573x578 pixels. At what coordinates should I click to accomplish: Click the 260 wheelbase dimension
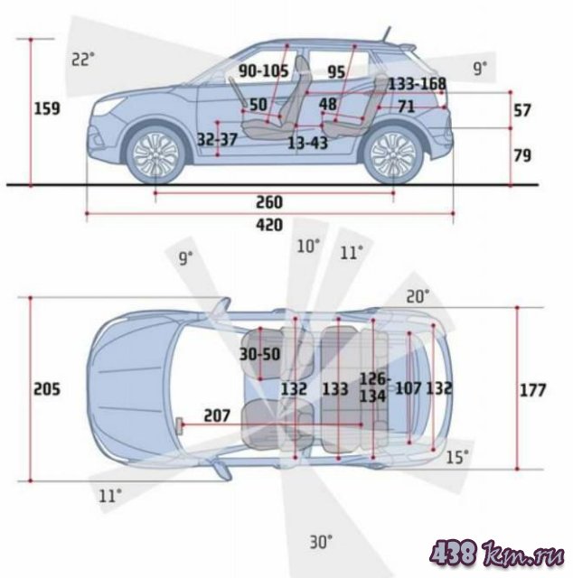(269, 202)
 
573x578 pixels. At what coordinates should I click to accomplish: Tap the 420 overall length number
(269, 225)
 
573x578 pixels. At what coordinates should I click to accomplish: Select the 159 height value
(47, 108)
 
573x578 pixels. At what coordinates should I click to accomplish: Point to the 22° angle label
(82, 60)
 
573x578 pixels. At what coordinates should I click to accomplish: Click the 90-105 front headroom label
(263, 70)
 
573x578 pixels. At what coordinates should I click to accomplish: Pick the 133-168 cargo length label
(418, 84)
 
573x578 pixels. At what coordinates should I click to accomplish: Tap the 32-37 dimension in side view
(217, 140)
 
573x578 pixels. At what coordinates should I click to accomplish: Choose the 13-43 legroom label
(307, 143)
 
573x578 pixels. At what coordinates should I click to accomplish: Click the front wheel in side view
(155, 154)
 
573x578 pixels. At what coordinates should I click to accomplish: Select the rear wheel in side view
(393, 154)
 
